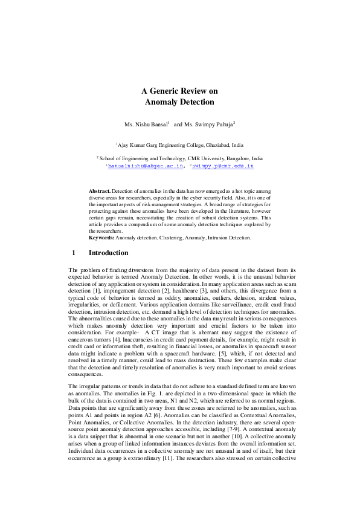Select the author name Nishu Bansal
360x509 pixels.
(x=151, y=125)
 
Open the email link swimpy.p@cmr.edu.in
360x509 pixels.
(x=223, y=166)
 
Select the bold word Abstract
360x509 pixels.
(x=99, y=190)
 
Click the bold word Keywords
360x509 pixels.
(x=101, y=238)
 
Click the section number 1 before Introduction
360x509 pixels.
(x=74, y=253)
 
